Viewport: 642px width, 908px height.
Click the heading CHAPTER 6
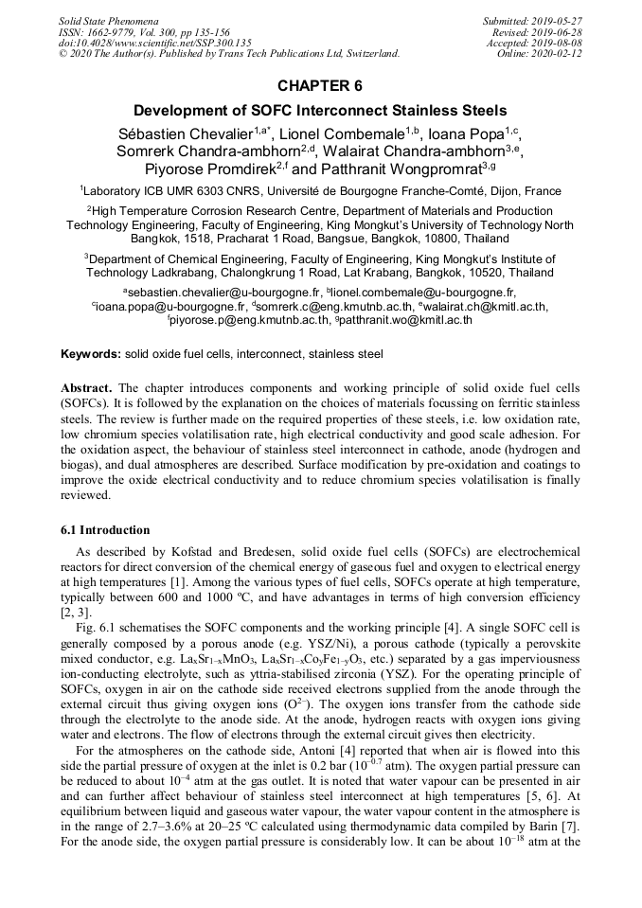[x=320, y=86]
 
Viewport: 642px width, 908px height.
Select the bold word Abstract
[x=87, y=389]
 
